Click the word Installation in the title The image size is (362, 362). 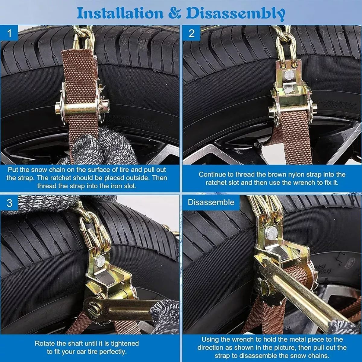point(120,13)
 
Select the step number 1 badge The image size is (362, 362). point(9,34)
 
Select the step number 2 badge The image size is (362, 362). point(192,33)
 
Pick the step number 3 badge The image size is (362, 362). point(9,203)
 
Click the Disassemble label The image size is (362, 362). point(211,202)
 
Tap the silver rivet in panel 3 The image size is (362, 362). point(100,262)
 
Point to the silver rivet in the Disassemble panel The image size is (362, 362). point(271,233)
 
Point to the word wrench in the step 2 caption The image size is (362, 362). point(292,183)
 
